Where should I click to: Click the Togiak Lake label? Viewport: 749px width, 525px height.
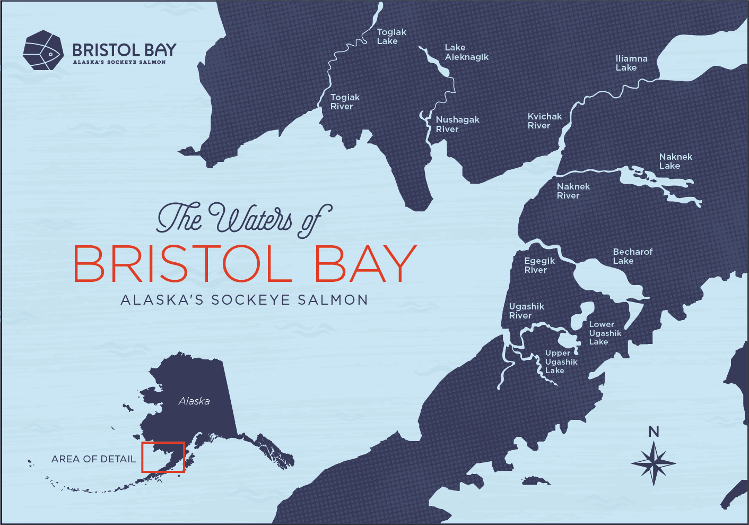391,37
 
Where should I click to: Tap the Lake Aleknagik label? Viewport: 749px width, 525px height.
466,53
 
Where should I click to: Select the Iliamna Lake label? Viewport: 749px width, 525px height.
631,63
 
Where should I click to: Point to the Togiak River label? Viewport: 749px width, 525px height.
345,102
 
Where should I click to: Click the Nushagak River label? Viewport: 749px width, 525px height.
457,124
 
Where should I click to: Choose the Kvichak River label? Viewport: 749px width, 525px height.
544,121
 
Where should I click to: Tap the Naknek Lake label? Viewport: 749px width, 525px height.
675,161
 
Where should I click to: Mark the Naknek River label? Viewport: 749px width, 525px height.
573,191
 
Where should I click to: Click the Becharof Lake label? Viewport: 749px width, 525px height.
632,256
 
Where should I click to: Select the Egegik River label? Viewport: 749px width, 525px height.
539,265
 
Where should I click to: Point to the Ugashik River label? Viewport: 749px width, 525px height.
526,311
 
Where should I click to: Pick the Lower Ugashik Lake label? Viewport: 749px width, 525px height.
605,333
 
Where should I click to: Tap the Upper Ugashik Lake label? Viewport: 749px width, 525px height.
561,362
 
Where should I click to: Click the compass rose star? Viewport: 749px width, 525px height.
654,463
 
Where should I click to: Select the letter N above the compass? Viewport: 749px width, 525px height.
654,432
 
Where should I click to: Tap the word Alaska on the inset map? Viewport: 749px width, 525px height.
194,401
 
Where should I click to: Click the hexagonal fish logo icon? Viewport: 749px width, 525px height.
43,50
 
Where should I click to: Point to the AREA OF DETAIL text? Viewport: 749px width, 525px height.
93,459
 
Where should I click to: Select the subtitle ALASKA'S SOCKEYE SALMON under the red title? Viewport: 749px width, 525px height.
244,300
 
